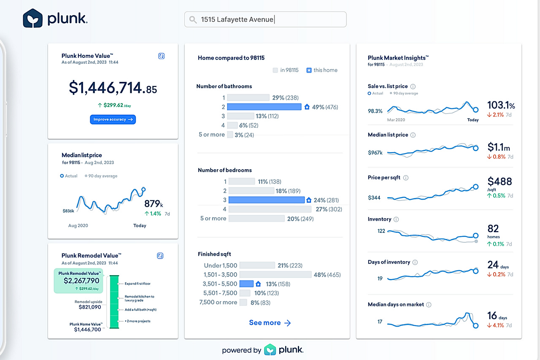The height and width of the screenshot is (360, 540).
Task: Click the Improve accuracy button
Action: point(113,119)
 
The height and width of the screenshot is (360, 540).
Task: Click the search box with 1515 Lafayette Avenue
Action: point(265,19)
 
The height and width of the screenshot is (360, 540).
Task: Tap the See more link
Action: point(270,323)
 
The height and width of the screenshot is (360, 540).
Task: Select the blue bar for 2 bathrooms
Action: point(264,107)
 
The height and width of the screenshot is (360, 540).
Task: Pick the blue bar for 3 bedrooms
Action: point(266,200)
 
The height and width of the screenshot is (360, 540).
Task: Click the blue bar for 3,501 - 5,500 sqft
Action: point(246,284)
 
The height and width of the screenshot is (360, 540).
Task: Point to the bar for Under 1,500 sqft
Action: point(257,265)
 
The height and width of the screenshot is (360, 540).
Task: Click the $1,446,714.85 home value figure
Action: point(113,88)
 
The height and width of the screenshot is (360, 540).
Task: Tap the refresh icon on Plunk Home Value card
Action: point(161,56)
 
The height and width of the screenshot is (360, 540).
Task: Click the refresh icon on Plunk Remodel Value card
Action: point(160,256)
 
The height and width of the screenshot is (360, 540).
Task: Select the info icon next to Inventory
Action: point(396,219)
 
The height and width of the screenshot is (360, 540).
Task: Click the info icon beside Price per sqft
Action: point(405,178)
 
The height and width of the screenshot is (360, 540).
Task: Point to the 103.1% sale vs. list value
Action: point(501,105)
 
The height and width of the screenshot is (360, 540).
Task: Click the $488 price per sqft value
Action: point(499,181)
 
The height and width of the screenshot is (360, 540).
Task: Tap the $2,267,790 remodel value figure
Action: point(81,281)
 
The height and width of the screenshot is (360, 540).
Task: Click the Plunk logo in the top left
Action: point(55,19)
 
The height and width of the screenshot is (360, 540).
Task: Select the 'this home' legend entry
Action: point(321,70)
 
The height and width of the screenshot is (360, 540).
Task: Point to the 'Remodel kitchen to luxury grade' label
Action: point(140,298)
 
